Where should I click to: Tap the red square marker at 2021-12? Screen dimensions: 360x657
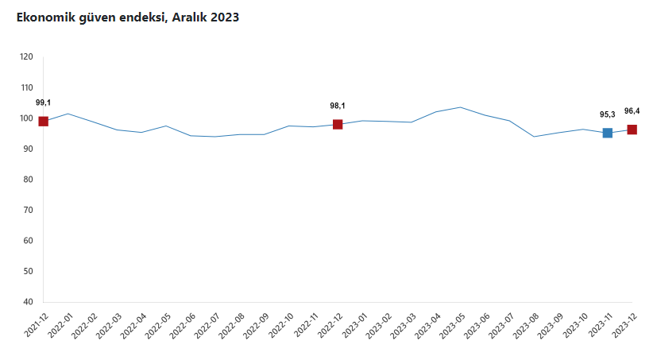pyautogui.click(x=44, y=121)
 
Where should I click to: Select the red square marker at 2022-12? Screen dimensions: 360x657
pyautogui.click(x=338, y=124)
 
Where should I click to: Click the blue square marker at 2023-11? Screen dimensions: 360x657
pyautogui.click(x=608, y=133)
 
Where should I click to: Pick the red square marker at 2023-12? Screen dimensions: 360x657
pyautogui.click(x=632, y=130)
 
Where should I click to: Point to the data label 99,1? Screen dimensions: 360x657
pyautogui.click(x=44, y=103)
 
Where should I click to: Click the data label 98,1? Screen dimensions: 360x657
pyautogui.click(x=338, y=106)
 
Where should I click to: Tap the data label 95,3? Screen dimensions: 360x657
pyautogui.click(x=608, y=114)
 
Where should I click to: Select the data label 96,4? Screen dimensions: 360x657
pyautogui.click(x=632, y=110)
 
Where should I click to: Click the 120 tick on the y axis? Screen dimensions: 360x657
pyautogui.click(x=26, y=57)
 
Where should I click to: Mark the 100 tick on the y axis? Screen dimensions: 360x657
pyautogui.click(x=26, y=118)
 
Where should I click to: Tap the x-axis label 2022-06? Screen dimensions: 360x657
pyautogui.click(x=184, y=323)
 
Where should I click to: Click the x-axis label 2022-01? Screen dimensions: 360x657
pyautogui.click(x=61, y=323)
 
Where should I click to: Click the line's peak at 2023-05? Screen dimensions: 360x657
pyautogui.click(x=461, y=106)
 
